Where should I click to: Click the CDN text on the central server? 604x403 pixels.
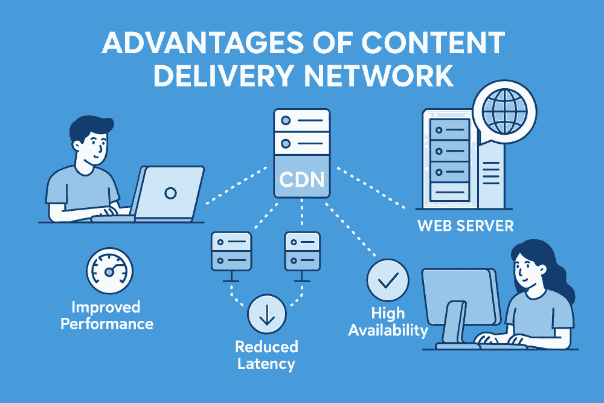pyautogui.click(x=301, y=180)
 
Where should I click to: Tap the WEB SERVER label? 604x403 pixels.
pyautogui.click(x=466, y=227)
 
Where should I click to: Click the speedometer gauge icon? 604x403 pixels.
pyautogui.click(x=108, y=272)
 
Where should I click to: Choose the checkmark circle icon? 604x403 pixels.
pyautogui.click(x=388, y=280)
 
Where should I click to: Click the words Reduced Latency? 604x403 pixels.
pyautogui.click(x=266, y=355)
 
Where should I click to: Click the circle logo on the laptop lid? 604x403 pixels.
pyautogui.click(x=170, y=193)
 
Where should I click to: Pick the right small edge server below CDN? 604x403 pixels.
pyautogui.click(x=302, y=251)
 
